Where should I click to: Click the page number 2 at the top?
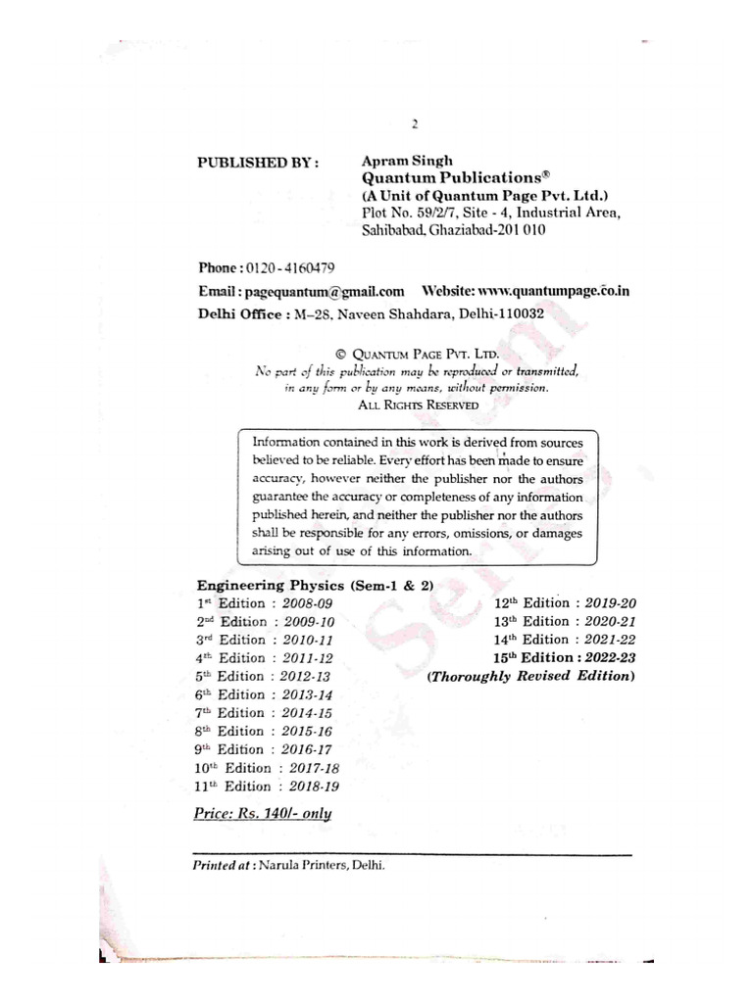coord(416,124)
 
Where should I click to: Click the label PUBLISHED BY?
coord(258,164)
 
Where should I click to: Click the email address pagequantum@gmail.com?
coord(324,291)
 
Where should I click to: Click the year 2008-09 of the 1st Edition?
coord(308,603)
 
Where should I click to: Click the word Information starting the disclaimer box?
coord(291,443)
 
